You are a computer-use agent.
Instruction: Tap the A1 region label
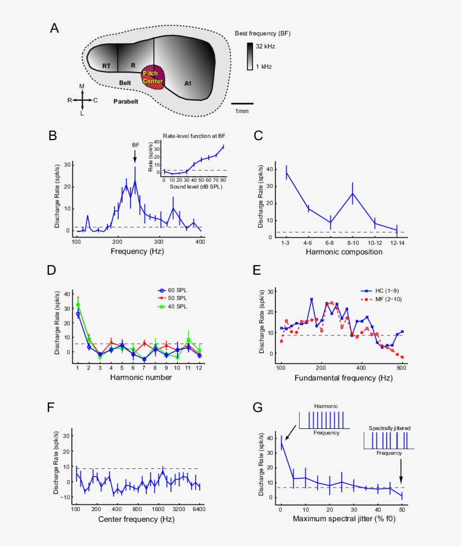coord(188,84)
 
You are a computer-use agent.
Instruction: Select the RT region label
coord(106,66)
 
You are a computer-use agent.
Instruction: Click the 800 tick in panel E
coord(401,368)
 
